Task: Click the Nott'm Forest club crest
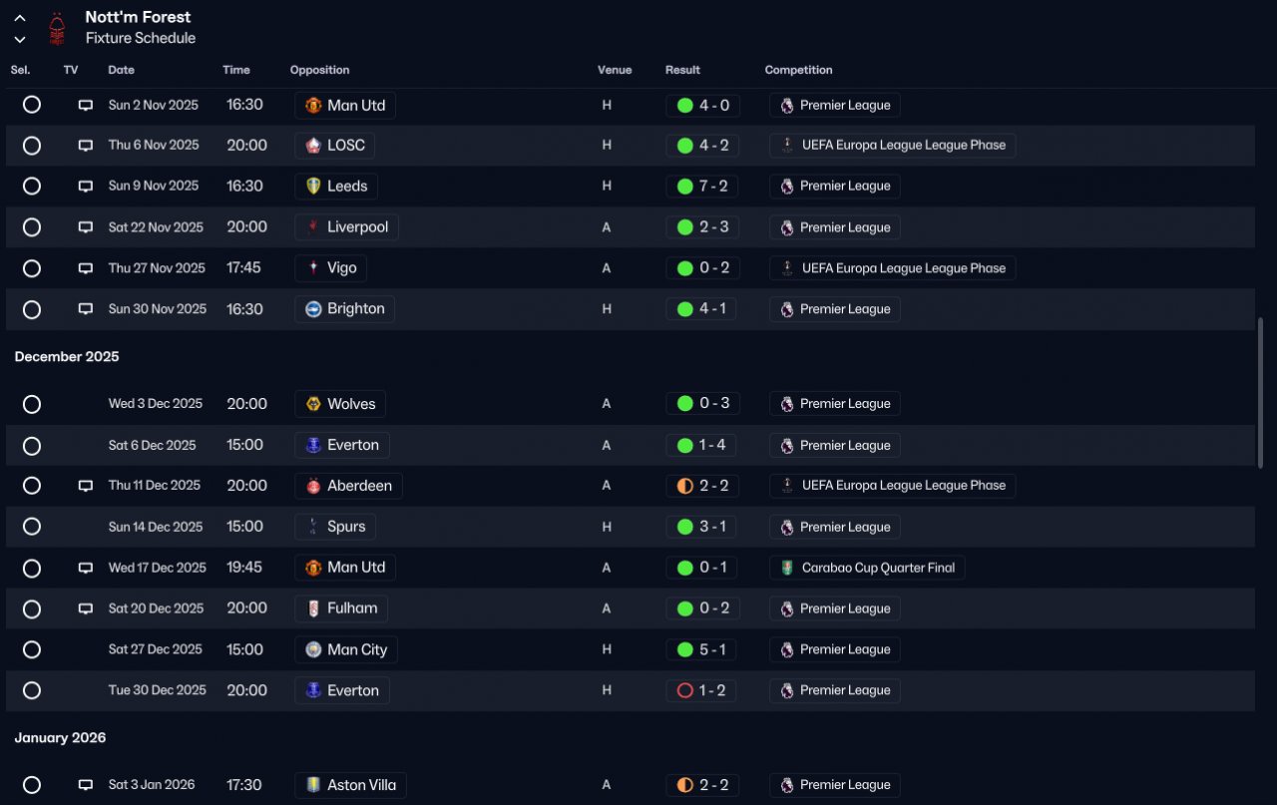tap(57, 29)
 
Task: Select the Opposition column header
tap(319, 70)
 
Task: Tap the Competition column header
tap(798, 70)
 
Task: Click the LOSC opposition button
tap(334, 146)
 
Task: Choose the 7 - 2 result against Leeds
tap(702, 186)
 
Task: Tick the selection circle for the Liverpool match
tap(32, 227)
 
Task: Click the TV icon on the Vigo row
tap(86, 268)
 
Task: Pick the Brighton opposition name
tap(356, 309)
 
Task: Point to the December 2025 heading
tap(67, 357)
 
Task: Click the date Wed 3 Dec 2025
tap(156, 404)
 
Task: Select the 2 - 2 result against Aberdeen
tap(702, 486)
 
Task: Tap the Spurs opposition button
tap(335, 527)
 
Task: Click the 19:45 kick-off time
tap(244, 568)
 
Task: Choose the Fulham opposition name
tap(352, 608)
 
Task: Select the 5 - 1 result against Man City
tap(701, 649)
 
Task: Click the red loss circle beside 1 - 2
tap(684, 690)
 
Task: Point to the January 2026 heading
tap(61, 738)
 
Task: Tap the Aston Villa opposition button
tap(350, 785)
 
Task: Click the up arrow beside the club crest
tap(20, 18)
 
